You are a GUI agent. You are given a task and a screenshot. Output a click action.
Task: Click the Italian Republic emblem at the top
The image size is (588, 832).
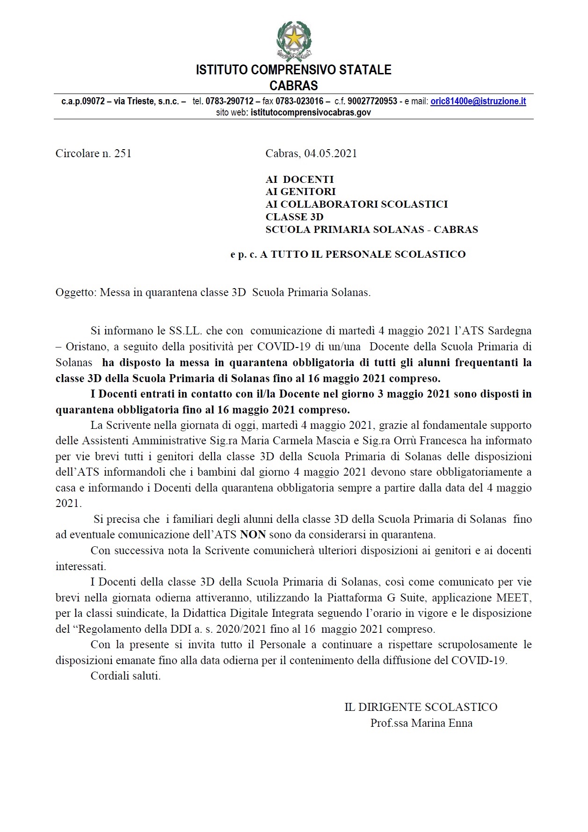294,41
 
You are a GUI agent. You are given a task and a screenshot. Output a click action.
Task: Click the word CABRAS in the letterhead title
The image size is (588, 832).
294,86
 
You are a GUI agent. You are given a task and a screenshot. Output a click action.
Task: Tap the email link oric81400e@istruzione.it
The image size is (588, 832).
478,101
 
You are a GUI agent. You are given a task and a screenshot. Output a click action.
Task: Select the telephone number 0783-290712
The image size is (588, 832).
229,101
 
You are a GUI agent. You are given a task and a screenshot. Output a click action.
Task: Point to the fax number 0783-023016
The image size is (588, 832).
299,101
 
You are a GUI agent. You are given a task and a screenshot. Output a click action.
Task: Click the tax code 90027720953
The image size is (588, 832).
372,101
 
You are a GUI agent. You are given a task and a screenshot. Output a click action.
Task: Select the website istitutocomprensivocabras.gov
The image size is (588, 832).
311,112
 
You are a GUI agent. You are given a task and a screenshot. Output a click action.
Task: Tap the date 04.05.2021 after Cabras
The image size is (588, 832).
330,153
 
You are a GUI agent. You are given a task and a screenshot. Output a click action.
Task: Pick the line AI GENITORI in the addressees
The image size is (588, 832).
300,192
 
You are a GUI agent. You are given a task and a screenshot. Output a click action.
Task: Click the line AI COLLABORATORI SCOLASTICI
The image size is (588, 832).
356,204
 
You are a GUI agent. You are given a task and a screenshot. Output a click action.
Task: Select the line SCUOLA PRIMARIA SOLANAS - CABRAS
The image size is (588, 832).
371,230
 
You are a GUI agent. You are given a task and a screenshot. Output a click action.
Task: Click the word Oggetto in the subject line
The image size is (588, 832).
76,293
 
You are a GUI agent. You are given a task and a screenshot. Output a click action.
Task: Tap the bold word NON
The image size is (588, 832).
253,535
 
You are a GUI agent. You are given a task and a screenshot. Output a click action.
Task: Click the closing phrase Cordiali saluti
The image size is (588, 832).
125,676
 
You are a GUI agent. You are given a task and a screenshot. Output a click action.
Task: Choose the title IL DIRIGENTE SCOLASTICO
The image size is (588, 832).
421,707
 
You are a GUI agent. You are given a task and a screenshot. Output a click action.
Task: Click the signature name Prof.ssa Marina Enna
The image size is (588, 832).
421,723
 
